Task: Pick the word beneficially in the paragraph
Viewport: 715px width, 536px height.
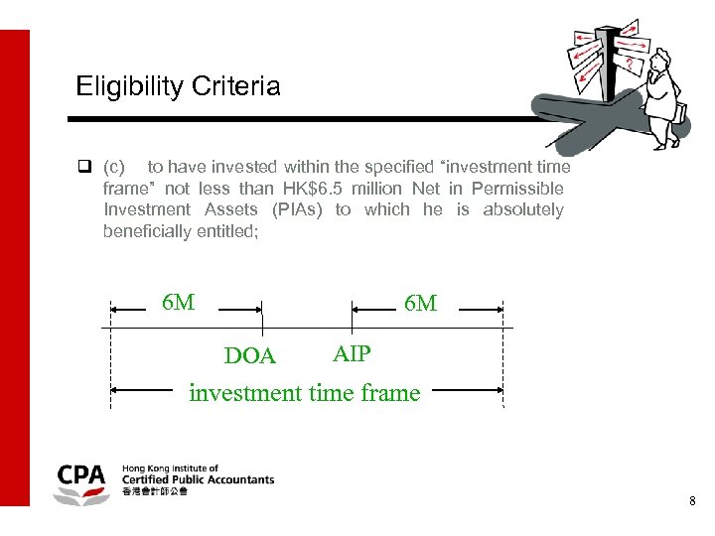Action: click(x=148, y=231)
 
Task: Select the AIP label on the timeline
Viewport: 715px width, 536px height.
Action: click(x=352, y=354)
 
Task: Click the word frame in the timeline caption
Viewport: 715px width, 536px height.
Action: click(x=390, y=393)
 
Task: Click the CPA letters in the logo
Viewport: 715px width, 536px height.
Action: click(x=82, y=475)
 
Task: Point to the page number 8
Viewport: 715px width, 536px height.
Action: click(x=692, y=502)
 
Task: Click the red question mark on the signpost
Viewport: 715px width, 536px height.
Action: click(x=630, y=62)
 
